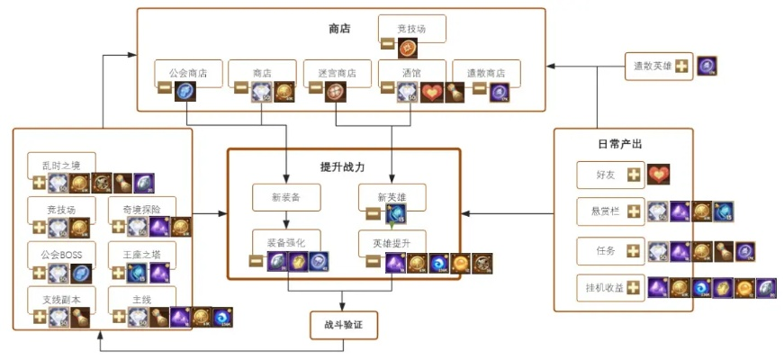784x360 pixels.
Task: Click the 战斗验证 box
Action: (x=342, y=326)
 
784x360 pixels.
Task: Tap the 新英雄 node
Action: (x=392, y=197)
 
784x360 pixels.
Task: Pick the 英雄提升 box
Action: (x=392, y=242)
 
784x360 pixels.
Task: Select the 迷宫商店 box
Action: (x=336, y=73)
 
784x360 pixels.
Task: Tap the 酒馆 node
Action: (x=411, y=73)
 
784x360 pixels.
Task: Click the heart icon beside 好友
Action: (x=659, y=175)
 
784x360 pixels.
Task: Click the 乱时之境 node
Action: (x=61, y=165)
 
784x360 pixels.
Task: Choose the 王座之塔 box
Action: (x=141, y=256)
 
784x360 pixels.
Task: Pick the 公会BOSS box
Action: (x=61, y=256)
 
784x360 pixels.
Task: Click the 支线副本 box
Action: (x=61, y=299)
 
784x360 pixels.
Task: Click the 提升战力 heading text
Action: (x=343, y=166)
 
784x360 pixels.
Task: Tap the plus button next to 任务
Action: (x=635, y=250)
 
